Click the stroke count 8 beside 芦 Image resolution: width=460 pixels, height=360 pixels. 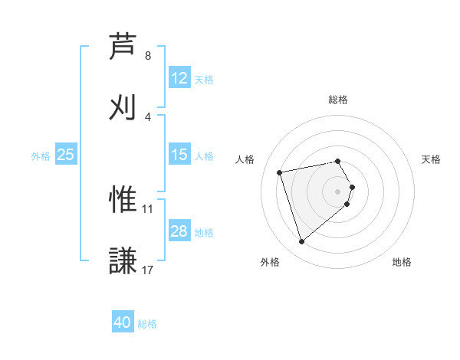click(x=148, y=56)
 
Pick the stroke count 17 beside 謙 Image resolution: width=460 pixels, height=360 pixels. click(x=148, y=270)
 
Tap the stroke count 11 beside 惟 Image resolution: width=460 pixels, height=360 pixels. click(x=148, y=208)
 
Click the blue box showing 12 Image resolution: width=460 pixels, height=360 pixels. click(x=179, y=78)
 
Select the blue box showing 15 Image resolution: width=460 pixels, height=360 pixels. click(x=179, y=155)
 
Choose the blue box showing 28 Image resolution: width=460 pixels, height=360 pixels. click(x=179, y=231)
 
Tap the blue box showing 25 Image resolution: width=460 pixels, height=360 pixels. click(x=66, y=155)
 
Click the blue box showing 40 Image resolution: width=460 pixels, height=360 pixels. click(x=123, y=323)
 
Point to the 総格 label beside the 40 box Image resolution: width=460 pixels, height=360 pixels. click(x=147, y=324)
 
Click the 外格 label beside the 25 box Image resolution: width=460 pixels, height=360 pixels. click(x=41, y=155)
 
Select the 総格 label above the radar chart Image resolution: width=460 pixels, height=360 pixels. click(x=338, y=100)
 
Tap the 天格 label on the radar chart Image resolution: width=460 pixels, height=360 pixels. click(x=432, y=159)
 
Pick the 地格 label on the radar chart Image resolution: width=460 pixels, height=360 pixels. click(x=402, y=262)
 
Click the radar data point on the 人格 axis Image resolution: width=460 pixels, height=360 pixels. click(x=280, y=172)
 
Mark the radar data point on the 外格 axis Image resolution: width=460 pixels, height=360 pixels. click(x=301, y=242)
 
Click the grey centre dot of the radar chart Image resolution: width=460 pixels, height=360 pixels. click(x=338, y=191)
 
